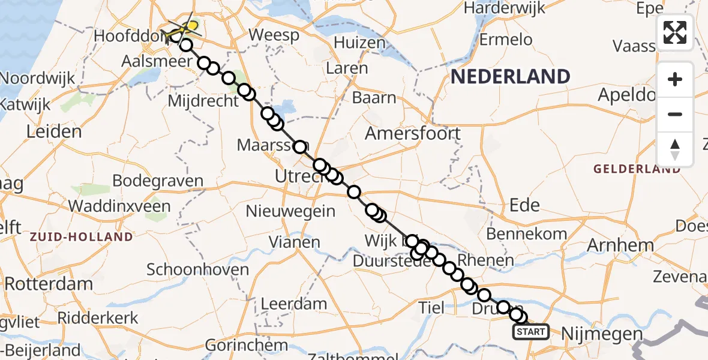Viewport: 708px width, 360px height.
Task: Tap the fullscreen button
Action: (x=675, y=32)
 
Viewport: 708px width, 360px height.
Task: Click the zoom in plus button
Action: (x=675, y=79)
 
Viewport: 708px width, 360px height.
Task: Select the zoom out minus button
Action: (x=675, y=114)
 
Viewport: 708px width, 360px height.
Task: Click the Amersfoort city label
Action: (x=413, y=133)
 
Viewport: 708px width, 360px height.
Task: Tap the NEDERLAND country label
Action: (x=510, y=76)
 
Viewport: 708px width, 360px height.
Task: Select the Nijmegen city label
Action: (x=602, y=334)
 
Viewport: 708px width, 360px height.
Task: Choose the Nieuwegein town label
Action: (x=290, y=211)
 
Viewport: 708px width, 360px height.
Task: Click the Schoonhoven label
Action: (x=197, y=269)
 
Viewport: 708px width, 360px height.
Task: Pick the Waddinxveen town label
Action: (x=119, y=206)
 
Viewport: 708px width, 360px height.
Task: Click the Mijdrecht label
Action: (x=203, y=101)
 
